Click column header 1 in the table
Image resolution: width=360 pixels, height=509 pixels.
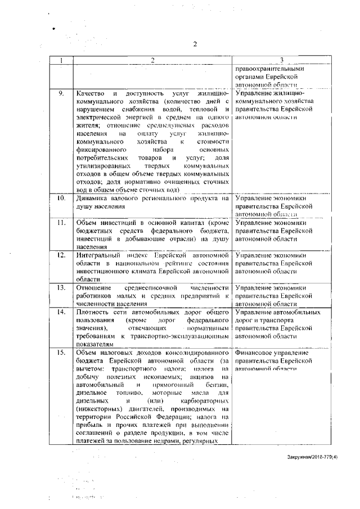61,60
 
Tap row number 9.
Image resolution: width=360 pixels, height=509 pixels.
61,92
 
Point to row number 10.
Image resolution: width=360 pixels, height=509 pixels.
61,198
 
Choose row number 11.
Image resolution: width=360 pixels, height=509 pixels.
61,223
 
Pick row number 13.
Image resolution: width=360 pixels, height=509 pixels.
61,287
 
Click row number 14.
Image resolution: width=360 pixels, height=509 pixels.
61,312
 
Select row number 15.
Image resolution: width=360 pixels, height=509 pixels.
61,352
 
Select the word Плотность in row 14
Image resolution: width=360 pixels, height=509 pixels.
92,312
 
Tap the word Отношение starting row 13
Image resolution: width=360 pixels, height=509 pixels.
92,287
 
